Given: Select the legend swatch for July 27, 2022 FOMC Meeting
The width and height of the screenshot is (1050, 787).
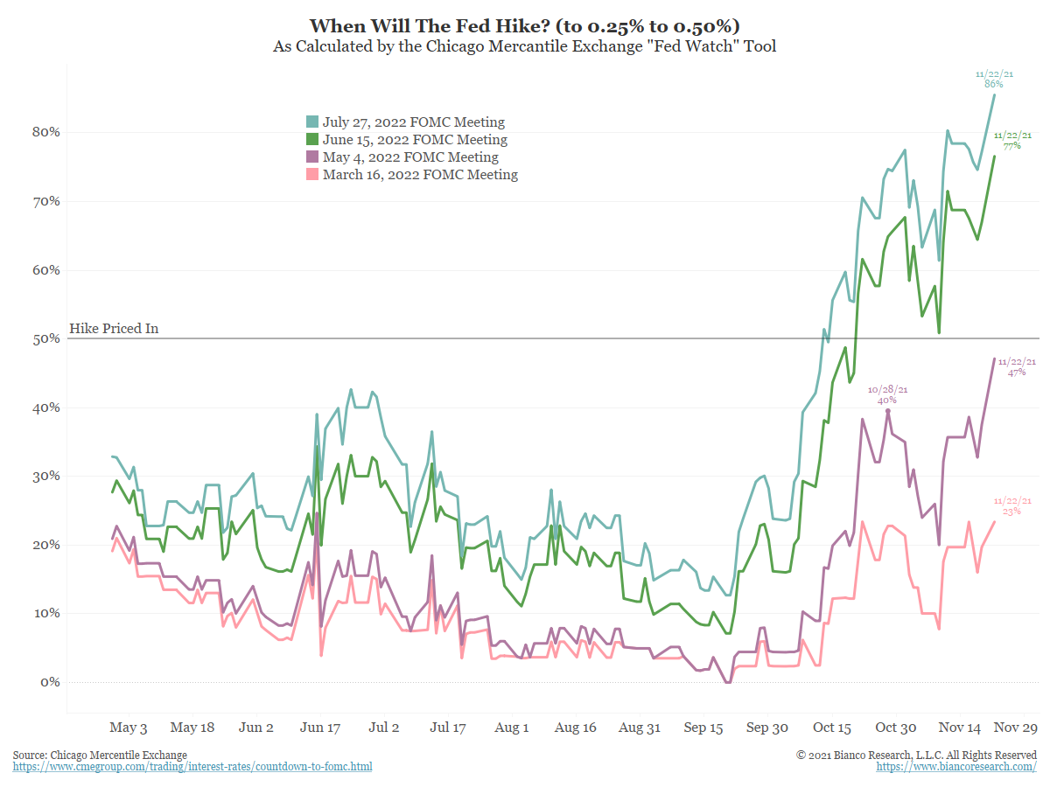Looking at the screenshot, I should (312, 122).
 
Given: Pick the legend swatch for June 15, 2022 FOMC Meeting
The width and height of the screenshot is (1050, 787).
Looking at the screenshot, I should (312, 140).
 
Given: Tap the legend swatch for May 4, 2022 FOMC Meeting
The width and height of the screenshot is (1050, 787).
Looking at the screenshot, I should (312, 157).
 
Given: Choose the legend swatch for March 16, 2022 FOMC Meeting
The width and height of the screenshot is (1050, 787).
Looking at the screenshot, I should (312, 175).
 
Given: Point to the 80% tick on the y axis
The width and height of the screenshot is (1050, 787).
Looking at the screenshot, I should (46, 132).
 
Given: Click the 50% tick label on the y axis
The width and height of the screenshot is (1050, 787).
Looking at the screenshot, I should (46, 338).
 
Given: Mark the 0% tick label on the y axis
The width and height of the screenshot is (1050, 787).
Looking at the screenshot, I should (50, 682).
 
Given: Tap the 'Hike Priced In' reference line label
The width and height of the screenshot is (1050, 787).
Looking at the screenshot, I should (114, 329).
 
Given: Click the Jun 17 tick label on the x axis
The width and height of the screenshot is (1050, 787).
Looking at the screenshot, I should (320, 728).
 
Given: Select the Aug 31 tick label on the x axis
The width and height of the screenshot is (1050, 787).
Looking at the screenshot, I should (640, 728).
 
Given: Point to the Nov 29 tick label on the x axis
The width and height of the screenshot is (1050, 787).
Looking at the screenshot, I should (1017, 728).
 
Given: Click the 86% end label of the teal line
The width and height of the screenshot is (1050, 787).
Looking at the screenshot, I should (993, 84).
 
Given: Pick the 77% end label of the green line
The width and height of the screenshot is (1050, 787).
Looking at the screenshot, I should (1012, 145).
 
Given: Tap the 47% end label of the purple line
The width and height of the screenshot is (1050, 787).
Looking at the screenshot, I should (1017, 372).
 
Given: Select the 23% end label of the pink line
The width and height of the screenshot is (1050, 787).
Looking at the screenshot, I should (1012, 511).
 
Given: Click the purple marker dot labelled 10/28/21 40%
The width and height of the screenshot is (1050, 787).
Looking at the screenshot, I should (888, 410).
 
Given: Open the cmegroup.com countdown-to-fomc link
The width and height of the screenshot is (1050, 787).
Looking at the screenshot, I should (192, 767).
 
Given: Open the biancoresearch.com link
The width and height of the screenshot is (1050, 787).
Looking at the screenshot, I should (956, 767).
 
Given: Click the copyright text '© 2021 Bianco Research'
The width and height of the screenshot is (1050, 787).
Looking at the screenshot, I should (916, 754).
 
